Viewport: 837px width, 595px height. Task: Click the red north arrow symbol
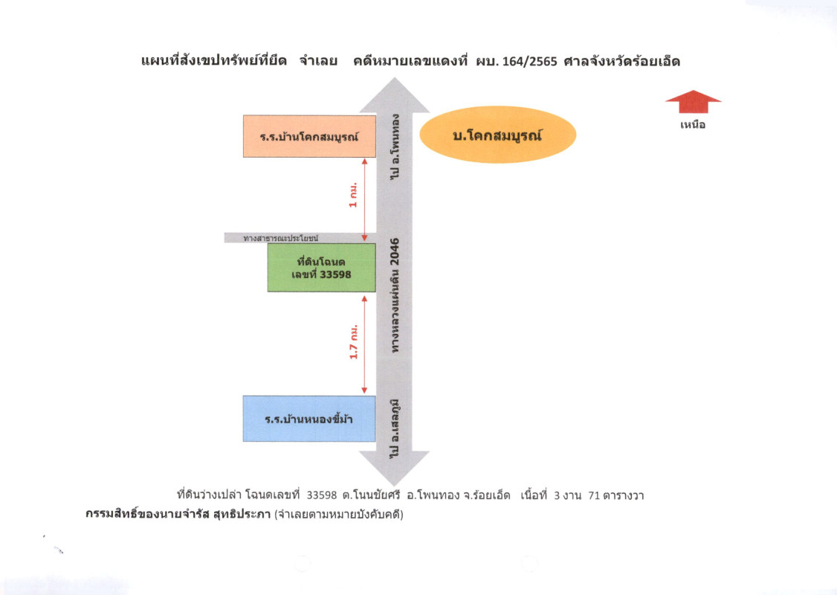pyautogui.click(x=693, y=102)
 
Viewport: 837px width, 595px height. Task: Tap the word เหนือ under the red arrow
pyautogui.click(x=693, y=125)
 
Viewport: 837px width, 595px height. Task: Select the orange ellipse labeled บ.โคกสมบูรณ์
pyautogui.click(x=498, y=136)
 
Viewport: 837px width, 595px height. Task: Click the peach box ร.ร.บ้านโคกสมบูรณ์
pyautogui.click(x=309, y=136)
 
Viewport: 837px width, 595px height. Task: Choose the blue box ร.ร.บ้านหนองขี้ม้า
pyautogui.click(x=309, y=419)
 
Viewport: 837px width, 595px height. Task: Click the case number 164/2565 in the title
pyautogui.click(x=529, y=61)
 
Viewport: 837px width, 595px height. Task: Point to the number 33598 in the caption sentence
pyautogui.click(x=322, y=495)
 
